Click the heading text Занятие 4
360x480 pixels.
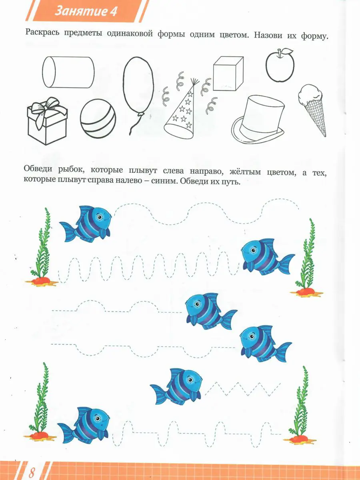[x=86, y=11]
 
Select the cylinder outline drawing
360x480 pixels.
[x=68, y=72]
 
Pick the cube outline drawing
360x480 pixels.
[x=228, y=74]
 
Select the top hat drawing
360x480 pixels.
[x=258, y=119]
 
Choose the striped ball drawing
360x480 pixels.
[x=98, y=118]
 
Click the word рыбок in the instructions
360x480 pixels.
[x=71, y=170]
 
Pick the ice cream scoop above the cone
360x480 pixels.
[x=310, y=94]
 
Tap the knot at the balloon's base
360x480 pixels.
[x=140, y=114]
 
